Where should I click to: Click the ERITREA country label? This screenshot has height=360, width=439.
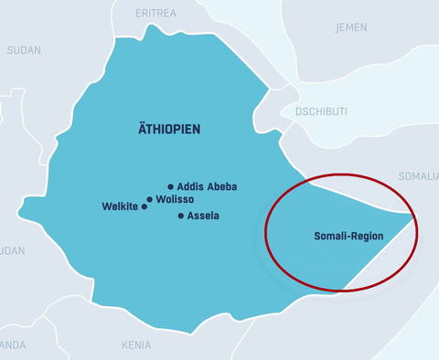(x=155, y=14)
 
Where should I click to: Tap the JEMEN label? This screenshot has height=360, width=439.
(x=351, y=27)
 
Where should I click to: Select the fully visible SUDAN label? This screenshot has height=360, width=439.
(x=24, y=50)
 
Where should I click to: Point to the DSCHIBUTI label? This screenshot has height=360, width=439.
(x=321, y=111)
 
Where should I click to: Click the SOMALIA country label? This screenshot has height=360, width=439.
(x=418, y=175)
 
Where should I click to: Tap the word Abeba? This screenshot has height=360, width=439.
(x=222, y=186)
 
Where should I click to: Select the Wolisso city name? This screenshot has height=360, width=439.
(x=176, y=199)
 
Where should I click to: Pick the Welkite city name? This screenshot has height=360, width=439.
(x=119, y=206)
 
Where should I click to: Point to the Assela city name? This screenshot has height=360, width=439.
(x=203, y=216)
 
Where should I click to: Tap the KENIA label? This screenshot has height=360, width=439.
(x=136, y=345)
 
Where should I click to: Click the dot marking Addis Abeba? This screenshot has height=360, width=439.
(x=170, y=186)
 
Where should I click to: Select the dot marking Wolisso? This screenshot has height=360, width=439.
(x=150, y=199)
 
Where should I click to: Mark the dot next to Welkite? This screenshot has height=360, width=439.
(x=144, y=206)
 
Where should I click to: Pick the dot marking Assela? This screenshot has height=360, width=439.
(x=180, y=216)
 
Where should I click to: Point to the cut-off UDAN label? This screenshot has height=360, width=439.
(x=12, y=250)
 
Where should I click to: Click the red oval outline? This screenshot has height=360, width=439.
(x=266, y=233)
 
